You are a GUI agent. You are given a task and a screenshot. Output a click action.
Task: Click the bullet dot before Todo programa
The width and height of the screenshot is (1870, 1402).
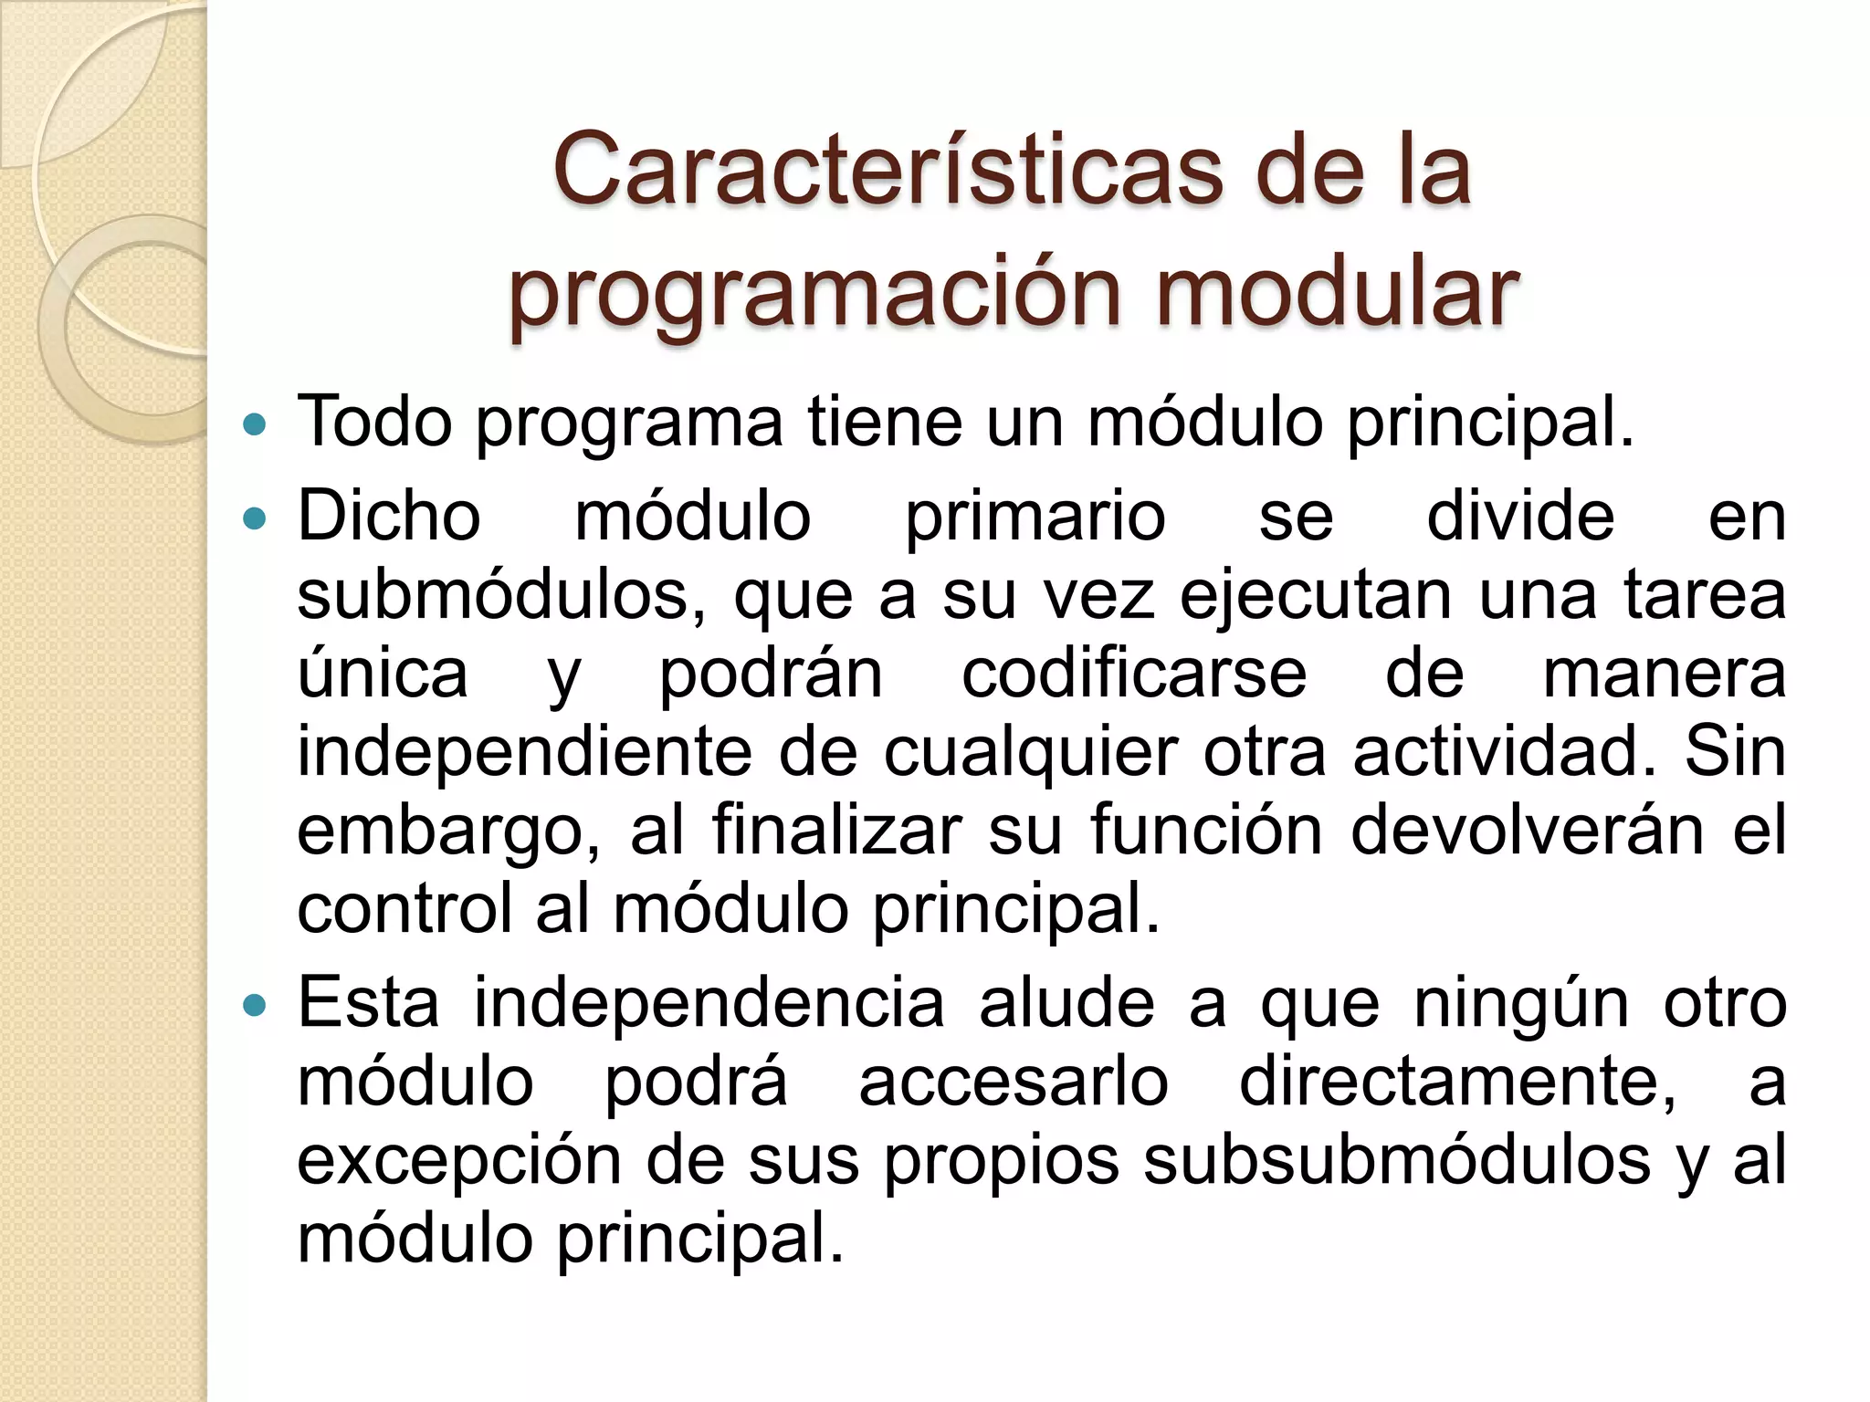[x=256, y=424]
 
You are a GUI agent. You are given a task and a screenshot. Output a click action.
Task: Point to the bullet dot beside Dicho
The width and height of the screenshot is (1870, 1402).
[x=256, y=519]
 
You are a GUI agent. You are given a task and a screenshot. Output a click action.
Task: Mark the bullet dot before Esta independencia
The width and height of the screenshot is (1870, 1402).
[x=256, y=1006]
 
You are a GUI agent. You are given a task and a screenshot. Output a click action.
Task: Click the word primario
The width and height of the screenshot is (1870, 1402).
[x=1035, y=518]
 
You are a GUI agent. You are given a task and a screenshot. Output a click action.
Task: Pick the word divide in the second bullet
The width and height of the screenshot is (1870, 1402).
[x=1520, y=516]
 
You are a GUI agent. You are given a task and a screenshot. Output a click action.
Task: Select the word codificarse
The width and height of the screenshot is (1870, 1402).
[x=1134, y=675]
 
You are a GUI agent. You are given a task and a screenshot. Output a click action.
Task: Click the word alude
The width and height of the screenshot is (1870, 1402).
[x=1066, y=1003]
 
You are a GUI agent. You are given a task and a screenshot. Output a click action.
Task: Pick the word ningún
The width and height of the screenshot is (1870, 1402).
[x=1521, y=1005]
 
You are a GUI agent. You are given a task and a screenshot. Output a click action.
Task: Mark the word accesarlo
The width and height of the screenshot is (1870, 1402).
[x=1014, y=1083]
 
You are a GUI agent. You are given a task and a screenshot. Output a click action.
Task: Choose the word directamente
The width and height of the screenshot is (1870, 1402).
[x=1458, y=1083]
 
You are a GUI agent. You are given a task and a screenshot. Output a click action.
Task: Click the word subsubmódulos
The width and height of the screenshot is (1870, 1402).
[x=1397, y=1161]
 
